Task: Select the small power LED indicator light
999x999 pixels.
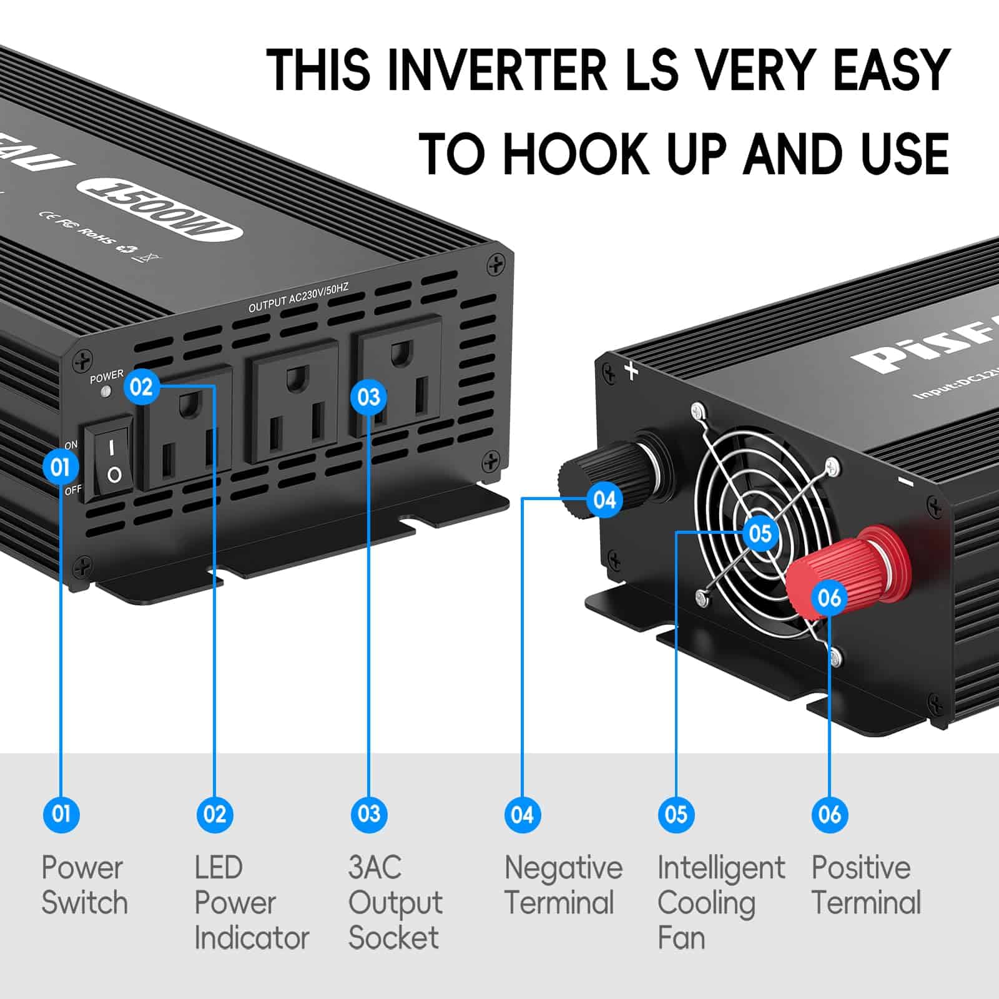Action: coord(106,391)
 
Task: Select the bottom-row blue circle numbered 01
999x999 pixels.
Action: coord(61,814)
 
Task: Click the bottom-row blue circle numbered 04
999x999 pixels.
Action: coord(522,814)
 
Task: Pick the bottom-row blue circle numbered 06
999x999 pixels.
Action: coord(829,814)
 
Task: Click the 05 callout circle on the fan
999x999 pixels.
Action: coord(760,533)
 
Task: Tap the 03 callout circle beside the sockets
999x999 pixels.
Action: coord(368,397)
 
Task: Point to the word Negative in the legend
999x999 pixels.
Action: coord(563,868)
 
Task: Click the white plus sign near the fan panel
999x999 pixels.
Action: coord(632,372)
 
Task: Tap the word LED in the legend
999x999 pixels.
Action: coord(219,868)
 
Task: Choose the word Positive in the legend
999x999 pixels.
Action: coord(860,868)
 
